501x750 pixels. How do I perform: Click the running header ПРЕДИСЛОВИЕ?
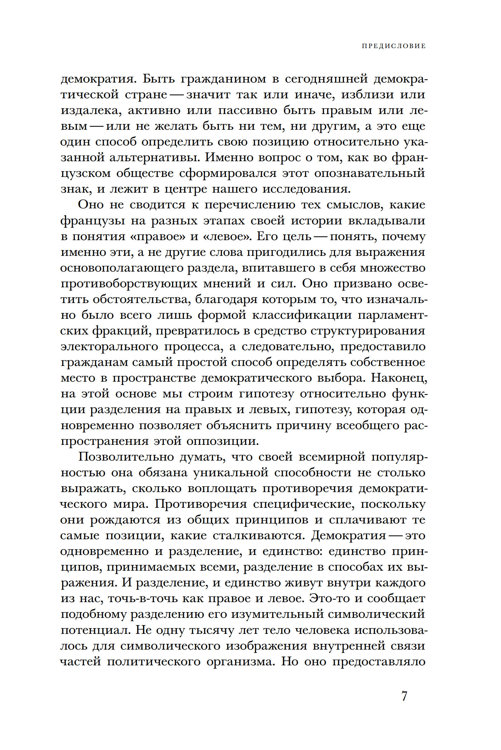[394, 46]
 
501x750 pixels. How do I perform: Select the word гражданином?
[223, 79]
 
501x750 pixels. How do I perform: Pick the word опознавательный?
[370, 174]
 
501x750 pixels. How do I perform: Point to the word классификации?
[302, 315]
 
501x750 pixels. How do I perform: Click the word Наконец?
[399, 378]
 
